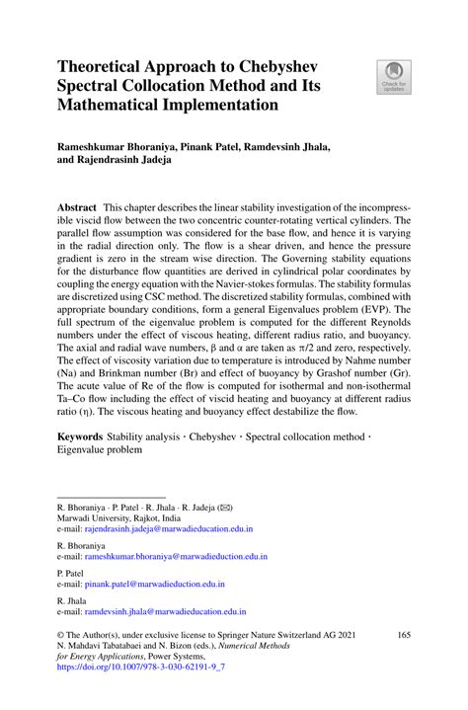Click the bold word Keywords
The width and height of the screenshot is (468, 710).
pyautogui.click(x=82, y=434)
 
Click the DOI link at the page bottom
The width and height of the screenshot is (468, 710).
pyautogui.click(x=141, y=669)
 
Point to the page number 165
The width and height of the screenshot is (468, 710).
pyautogui.click(x=403, y=635)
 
